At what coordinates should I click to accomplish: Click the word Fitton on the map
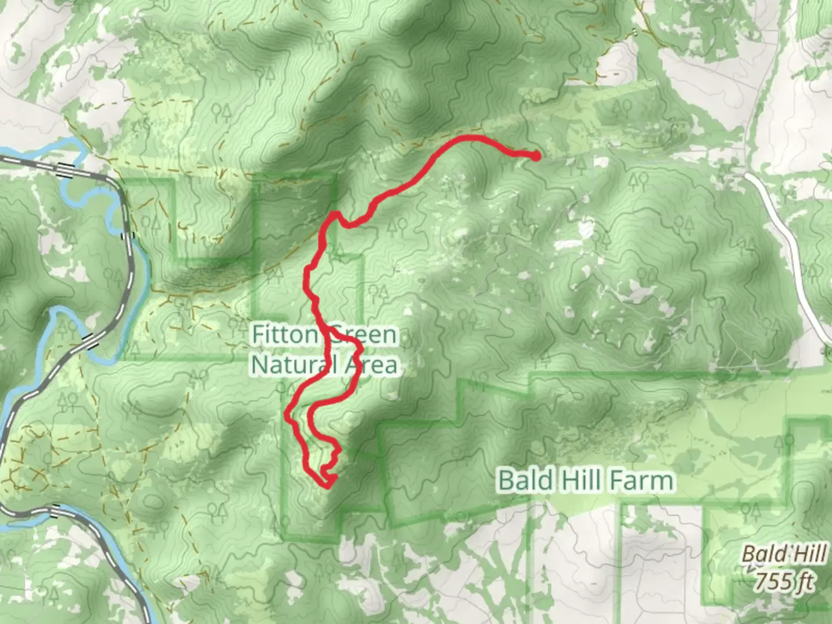tap(285, 335)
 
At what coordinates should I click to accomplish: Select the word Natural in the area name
tap(292, 365)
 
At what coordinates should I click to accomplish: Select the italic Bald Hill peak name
tap(784, 554)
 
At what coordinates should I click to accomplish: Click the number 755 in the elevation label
tap(772, 580)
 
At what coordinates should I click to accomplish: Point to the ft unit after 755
tap(804, 580)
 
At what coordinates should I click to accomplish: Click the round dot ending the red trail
tap(536, 155)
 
